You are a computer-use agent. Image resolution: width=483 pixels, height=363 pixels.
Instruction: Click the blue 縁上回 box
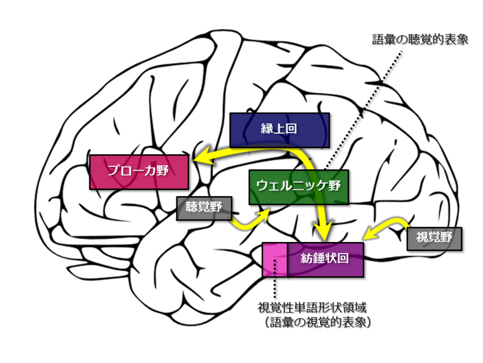[x=280, y=129]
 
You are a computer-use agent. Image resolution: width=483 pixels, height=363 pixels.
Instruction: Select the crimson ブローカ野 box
[x=138, y=171]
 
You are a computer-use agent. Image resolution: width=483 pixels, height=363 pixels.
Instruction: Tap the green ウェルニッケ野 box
[x=298, y=186]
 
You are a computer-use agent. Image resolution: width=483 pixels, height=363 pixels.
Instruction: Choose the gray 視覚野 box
[x=434, y=238]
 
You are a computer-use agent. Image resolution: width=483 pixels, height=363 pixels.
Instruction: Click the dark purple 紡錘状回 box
[x=325, y=260]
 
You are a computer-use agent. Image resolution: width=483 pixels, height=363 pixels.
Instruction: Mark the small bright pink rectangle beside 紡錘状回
[x=275, y=260]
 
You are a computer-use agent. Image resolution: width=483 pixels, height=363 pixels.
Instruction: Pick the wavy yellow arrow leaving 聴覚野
[x=248, y=221]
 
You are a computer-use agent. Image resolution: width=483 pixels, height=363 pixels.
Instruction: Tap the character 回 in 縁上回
[x=293, y=129]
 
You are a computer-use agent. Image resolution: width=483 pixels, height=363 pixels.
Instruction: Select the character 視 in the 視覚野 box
[x=421, y=238]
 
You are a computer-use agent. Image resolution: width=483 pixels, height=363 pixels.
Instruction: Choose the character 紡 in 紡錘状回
[x=307, y=260]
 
